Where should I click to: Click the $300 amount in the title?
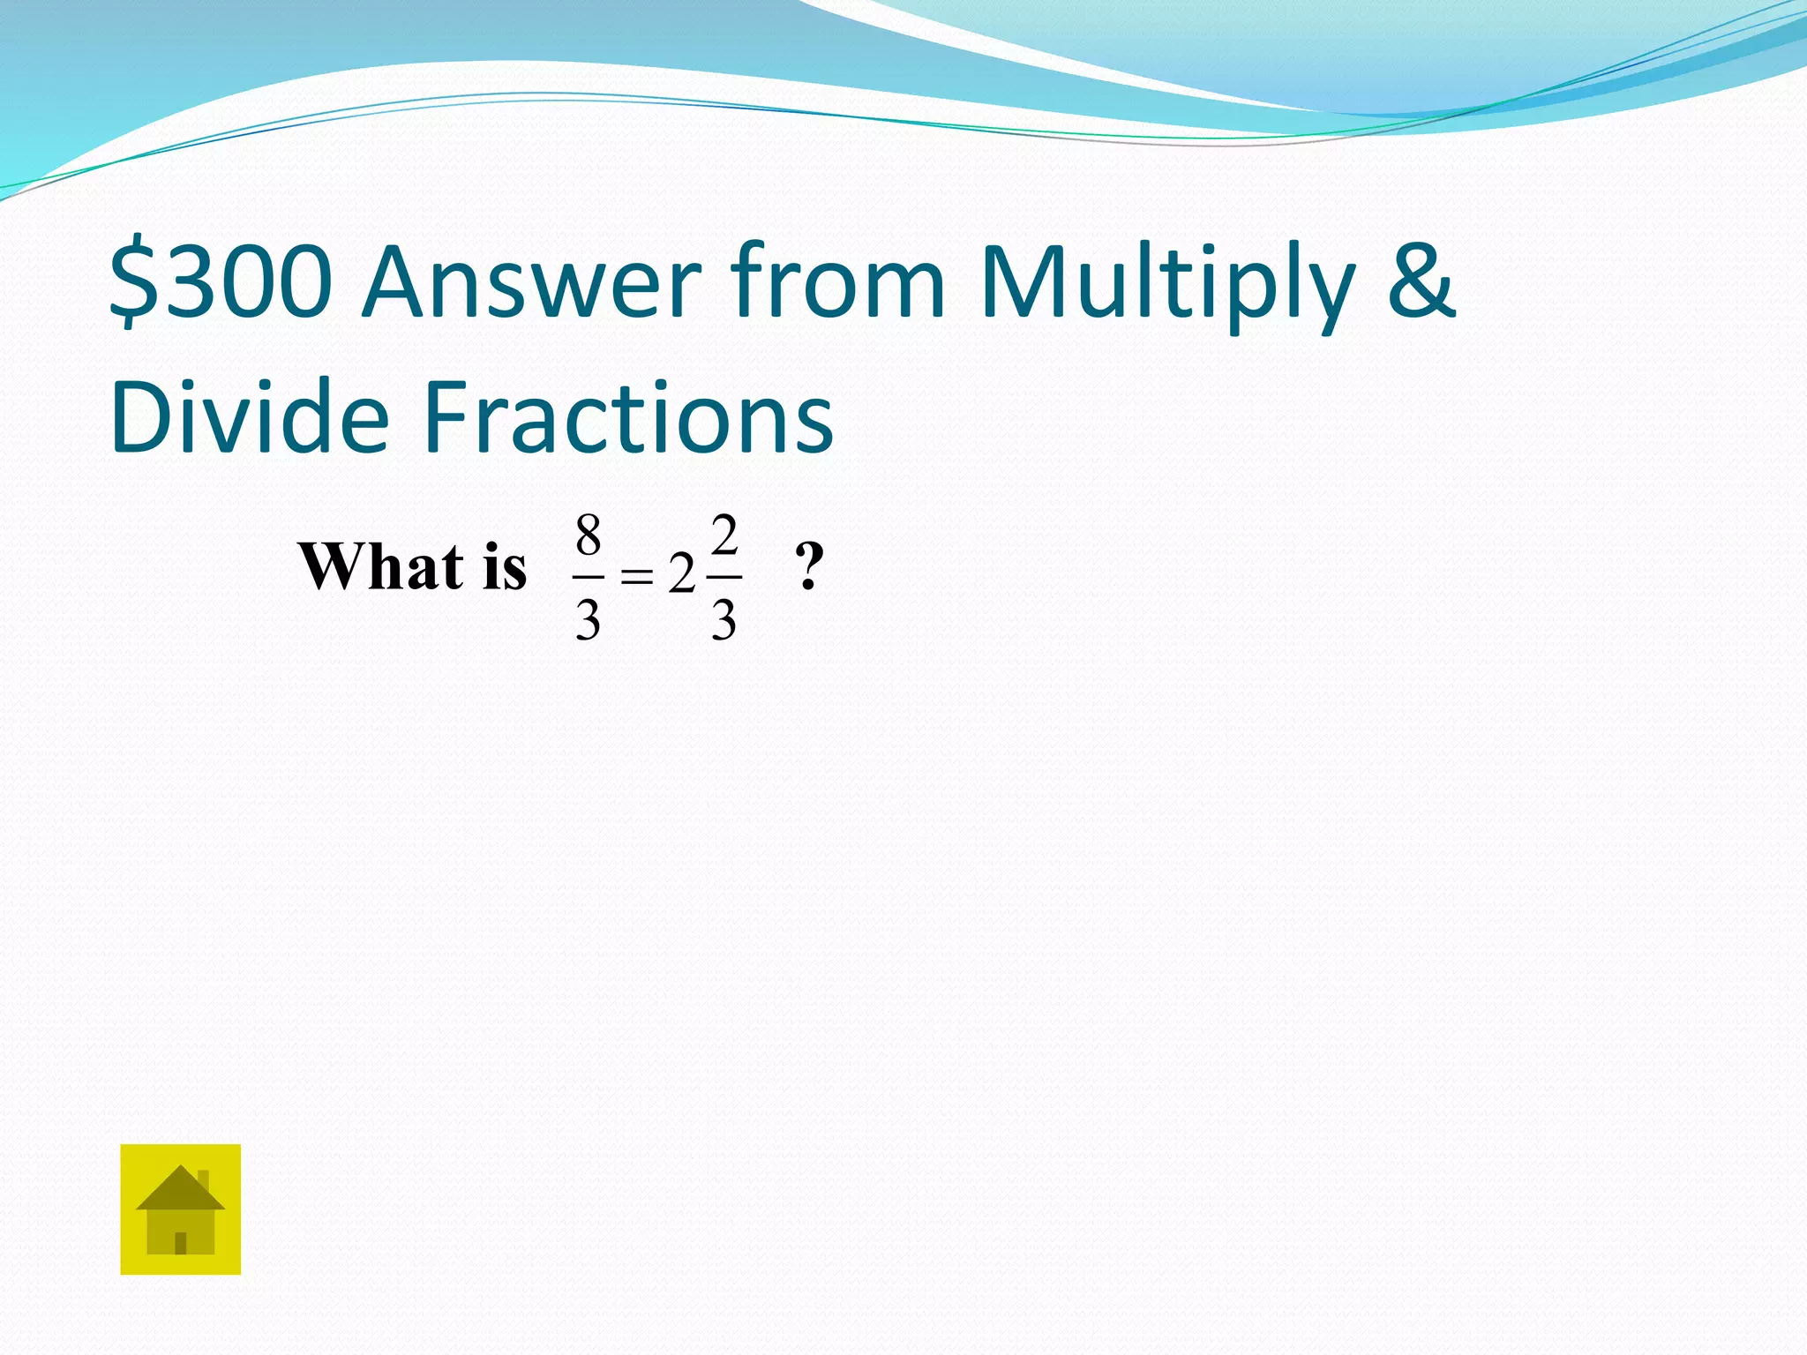(x=221, y=282)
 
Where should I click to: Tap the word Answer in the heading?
(x=531, y=282)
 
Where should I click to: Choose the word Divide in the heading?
(x=250, y=416)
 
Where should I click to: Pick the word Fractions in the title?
(x=628, y=416)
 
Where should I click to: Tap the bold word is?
(x=505, y=566)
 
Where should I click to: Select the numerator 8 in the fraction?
(x=589, y=535)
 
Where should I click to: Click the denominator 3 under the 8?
(x=589, y=619)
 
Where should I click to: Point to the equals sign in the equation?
(x=636, y=578)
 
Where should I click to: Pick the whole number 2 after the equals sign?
(x=681, y=576)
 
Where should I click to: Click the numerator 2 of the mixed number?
(x=724, y=535)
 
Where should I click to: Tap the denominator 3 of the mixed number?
(x=724, y=619)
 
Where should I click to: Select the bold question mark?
(x=809, y=566)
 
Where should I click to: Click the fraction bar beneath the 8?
(x=589, y=578)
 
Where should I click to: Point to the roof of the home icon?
(x=180, y=1190)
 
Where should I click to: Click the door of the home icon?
(x=181, y=1243)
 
